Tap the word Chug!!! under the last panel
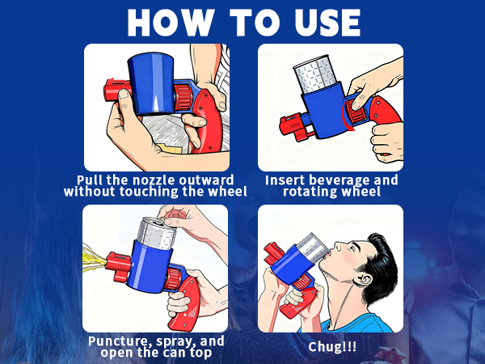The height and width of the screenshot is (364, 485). point(332,347)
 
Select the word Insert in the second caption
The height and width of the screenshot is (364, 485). point(285,180)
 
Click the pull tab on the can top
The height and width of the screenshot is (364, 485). point(161,220)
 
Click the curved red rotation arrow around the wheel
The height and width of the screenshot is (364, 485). point(344,116)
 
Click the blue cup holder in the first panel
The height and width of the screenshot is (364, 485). point(150,84)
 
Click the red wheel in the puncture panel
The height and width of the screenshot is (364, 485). point(173,278)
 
